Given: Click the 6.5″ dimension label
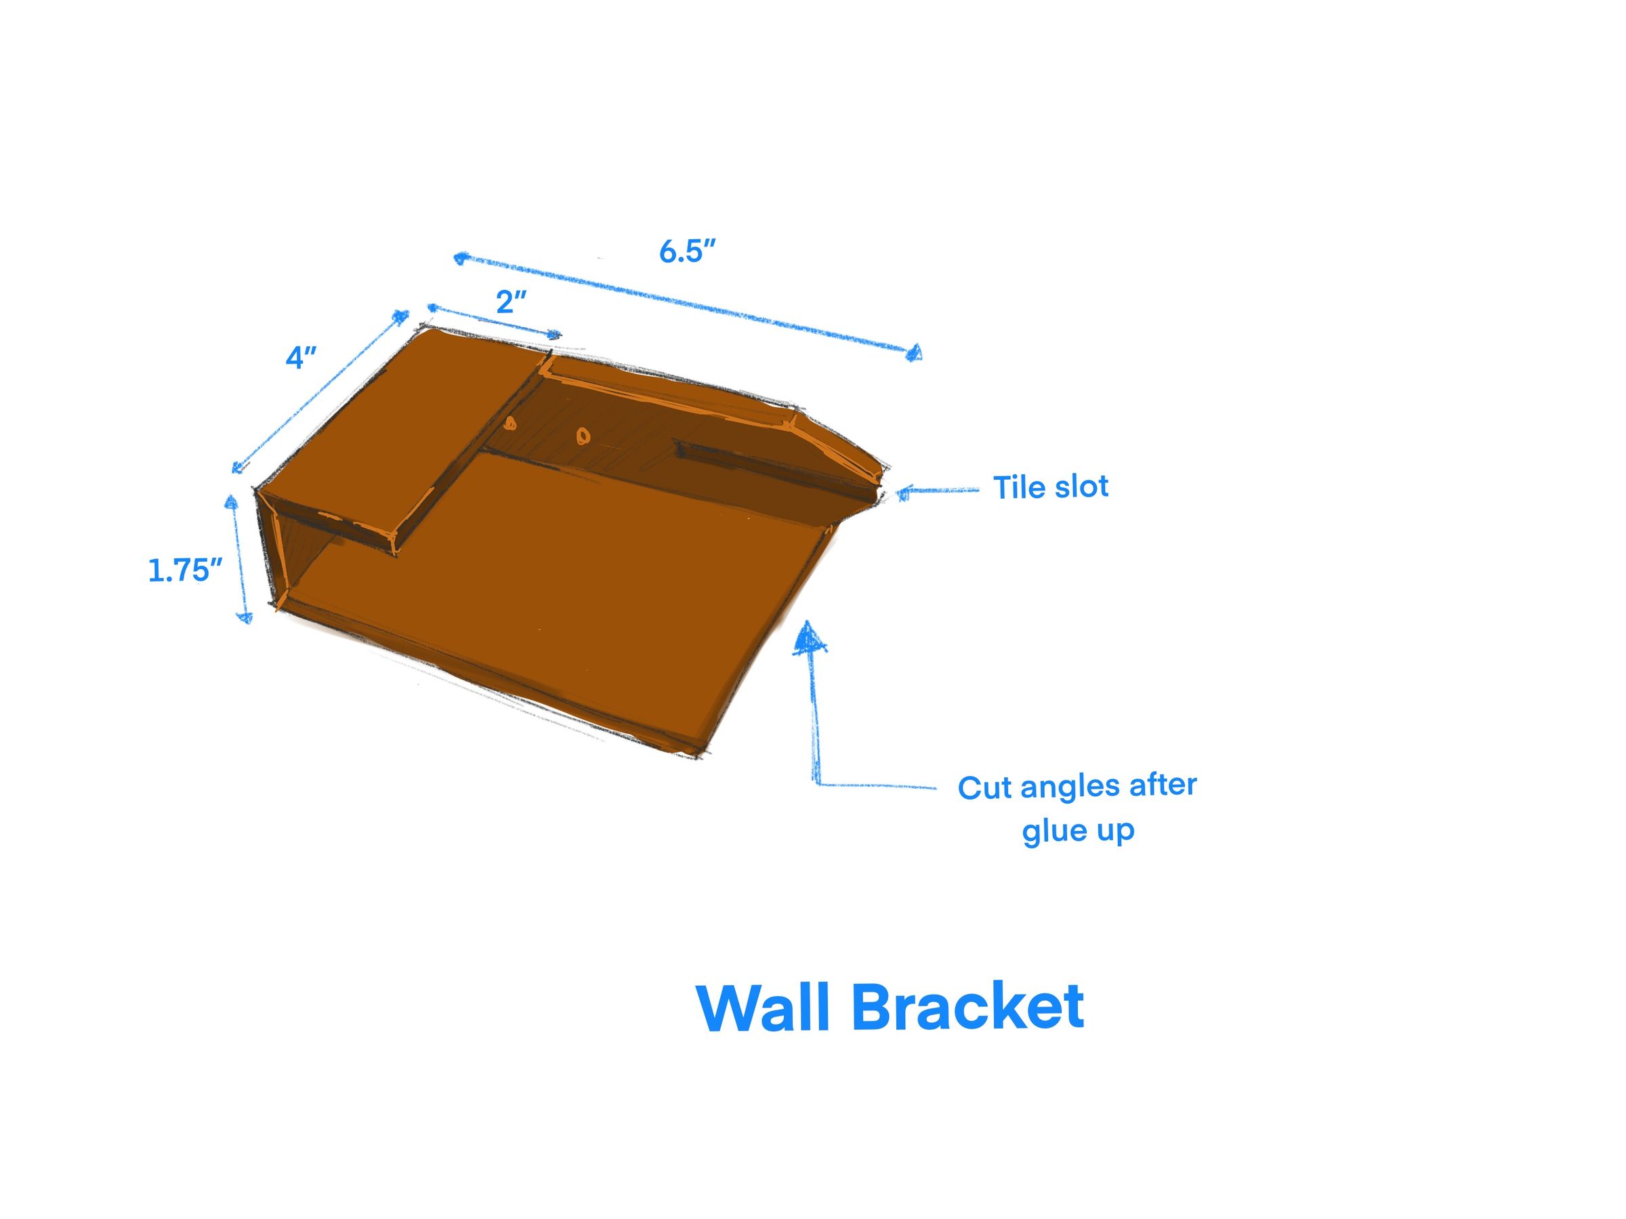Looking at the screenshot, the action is click(x=686, y=251).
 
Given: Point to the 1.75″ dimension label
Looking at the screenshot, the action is click(x=184, y=571).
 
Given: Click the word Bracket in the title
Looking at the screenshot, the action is click(x=967, y=1008).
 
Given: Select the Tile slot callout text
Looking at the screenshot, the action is click(x=1050, y=487).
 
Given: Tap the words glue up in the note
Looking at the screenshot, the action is click(x=1079, y=831).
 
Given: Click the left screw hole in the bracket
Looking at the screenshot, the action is click(x=510, y=423).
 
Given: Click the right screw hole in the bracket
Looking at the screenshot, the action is click(x=583, y=436).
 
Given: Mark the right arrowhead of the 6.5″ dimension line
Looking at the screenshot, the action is click(x=915, y=354).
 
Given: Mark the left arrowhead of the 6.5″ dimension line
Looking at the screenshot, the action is click(x=460, y=257).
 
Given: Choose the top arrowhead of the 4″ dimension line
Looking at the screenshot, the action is click(x=401, y=317).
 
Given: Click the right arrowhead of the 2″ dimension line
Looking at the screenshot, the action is click(x=554, y=335).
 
